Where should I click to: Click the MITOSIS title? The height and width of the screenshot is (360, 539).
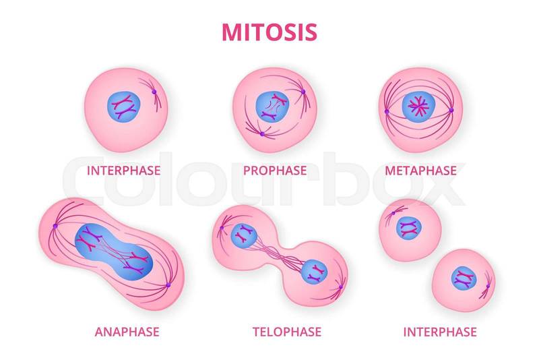coord(269,32)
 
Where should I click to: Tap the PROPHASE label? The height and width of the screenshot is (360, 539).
coord(275,171)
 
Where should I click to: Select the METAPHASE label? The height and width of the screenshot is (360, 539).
coord(420,171)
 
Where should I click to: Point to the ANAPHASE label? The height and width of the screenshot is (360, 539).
coord(127,332)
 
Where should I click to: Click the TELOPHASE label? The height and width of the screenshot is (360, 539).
coord(287,332)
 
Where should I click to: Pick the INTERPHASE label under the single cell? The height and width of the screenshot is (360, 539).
coord(123,171)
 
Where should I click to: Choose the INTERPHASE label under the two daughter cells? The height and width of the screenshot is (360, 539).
coord(440,332)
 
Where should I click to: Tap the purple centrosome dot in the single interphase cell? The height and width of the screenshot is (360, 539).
coord(154,92)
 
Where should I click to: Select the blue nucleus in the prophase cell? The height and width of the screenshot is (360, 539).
coord(272,107)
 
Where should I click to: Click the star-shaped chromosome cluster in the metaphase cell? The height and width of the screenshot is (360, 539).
coord(418,107)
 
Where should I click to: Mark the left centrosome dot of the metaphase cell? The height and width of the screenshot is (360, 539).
coord(387,111)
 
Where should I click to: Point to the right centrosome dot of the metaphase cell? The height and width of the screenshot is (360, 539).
coord(451,110)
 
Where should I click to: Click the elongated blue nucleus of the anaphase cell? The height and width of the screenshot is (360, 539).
coord(114,251)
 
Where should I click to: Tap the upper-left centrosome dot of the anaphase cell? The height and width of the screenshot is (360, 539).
coord(55,226)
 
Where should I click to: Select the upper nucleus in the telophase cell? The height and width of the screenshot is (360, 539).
coord(244,235)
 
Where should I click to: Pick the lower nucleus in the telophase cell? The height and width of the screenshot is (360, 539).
coord(314,272)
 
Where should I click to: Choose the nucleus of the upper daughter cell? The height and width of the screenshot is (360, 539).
coord(409,228)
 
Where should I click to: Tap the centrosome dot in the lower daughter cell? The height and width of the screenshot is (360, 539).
coord(488,286)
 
